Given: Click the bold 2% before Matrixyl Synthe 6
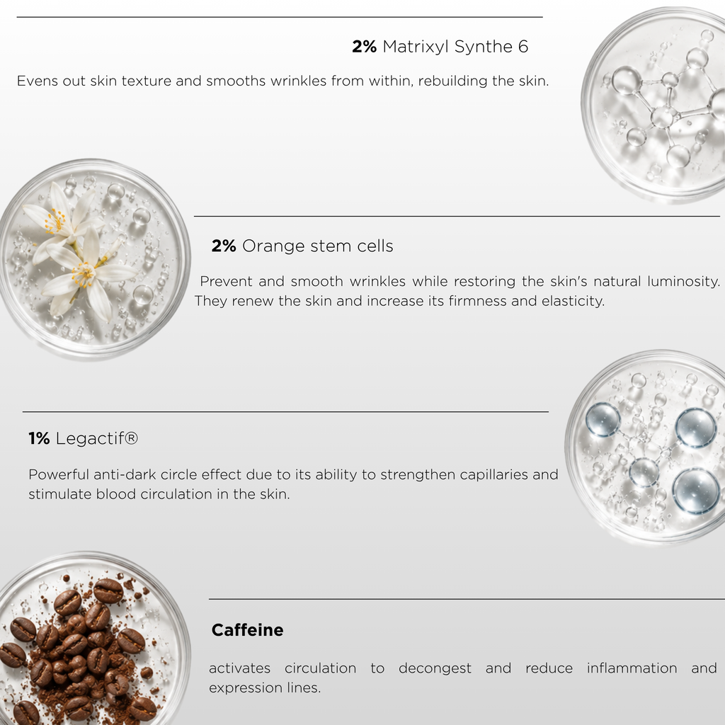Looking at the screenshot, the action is [x=365, y=47].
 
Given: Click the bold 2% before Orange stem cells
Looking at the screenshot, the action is [x=224, y=246].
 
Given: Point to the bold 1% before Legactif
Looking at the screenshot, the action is [x=40, y=438].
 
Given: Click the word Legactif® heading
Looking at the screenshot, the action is [x=96, y=439].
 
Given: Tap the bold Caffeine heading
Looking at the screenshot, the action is [x=247, y=629].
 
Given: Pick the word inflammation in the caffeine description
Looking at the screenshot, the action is [x=632, y=668].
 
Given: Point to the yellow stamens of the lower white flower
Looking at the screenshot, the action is [x=84, y=275].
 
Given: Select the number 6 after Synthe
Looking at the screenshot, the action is [x=523, y=47].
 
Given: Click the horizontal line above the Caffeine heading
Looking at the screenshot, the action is [x=467, y=599].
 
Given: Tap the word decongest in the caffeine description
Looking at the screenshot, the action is [x=435, y=668].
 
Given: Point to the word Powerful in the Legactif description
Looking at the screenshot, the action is [x=59, y=475].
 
